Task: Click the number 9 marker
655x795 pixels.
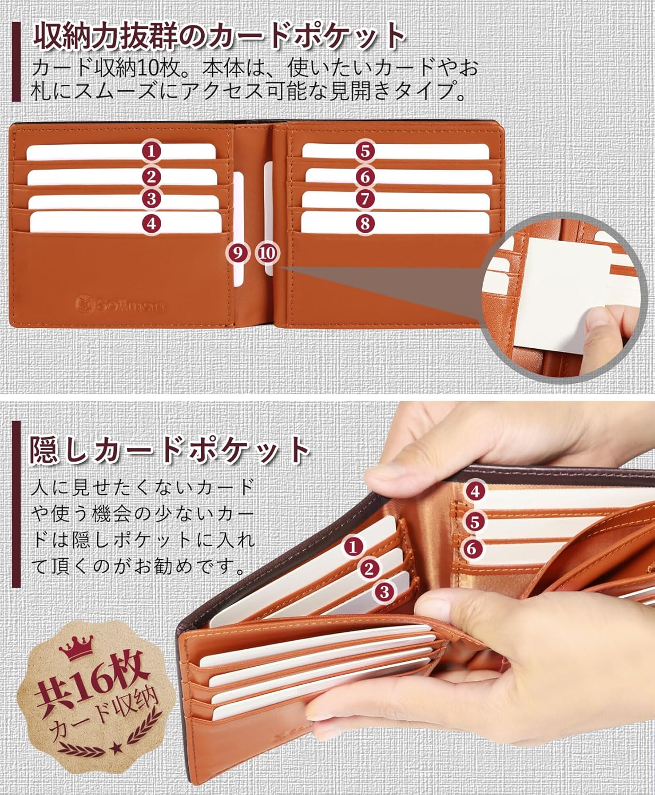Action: click(x=237, y=253)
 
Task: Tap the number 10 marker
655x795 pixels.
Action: click(x=267, y=253)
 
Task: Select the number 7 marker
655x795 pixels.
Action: click(x=365, y=199)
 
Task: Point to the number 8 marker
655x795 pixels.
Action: click(x=365, y=224)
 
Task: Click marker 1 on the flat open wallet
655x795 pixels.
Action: click(x=151, y=152)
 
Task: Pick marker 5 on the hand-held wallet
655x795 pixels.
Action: click(x=475, y=522)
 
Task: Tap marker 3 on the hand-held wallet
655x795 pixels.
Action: click(x=384, y=591)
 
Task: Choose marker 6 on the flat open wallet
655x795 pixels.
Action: click(x=365, y=177)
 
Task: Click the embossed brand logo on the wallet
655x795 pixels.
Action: click(x=120, y=304)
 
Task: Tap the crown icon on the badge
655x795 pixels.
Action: click(x=76, y=648)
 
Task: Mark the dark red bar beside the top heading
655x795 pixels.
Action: click(x=16, y=61)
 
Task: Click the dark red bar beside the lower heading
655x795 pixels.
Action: click(x=16, y=504)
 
